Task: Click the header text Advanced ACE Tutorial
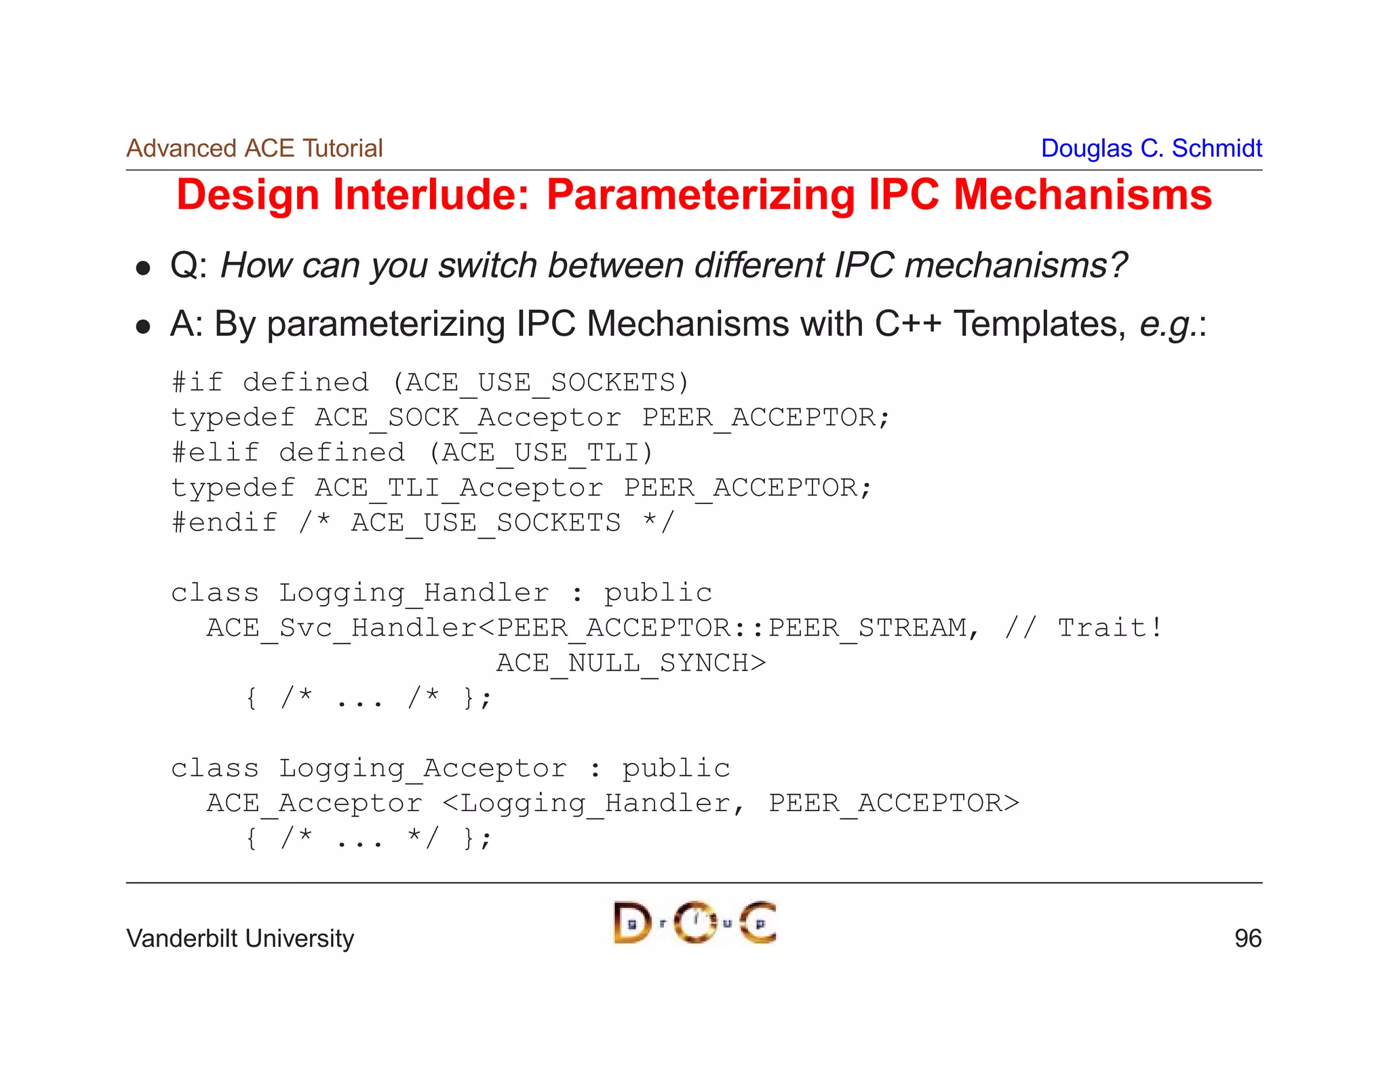pos(254,148)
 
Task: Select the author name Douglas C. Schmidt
pos(1151,148)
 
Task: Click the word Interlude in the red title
pos(431,195)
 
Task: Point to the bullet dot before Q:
pos(142,269)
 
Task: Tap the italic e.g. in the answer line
pos(1167,325)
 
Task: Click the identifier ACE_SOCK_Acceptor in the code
pos(467,418)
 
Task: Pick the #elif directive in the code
pos(215,452)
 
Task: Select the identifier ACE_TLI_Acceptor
pos(458,488)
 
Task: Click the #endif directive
pos(224,522)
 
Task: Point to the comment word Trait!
pos(1110,628)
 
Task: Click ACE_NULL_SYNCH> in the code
pos(631,663)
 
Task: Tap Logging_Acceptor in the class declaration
pos(423,768)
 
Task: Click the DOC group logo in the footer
pos(694,922)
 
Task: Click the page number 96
pos(1247,939)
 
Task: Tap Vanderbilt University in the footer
pos(240,939)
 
